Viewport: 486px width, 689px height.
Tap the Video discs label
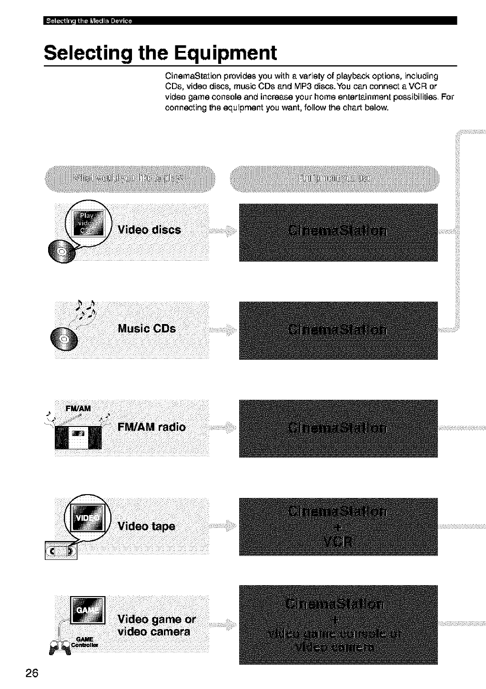[x=149, y=230]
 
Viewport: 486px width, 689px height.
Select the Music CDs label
[x=146, y=329]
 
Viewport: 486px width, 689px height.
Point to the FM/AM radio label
[x=151, y=426]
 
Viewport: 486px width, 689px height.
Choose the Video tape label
[x=146, y=526]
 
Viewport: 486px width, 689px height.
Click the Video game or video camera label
[x=156, y=625]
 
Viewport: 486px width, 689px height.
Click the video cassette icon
[x=61, y=550]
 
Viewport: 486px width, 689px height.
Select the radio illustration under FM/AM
[x=78, y=436]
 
